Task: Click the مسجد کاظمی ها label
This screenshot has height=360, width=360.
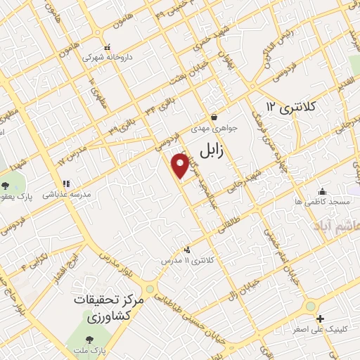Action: tap(322, 202)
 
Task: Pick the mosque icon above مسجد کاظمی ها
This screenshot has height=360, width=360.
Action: tap(322, 191)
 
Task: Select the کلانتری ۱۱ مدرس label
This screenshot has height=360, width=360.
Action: tap(188, 261)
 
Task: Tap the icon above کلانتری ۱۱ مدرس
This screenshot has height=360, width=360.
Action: tap(187, 250)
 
